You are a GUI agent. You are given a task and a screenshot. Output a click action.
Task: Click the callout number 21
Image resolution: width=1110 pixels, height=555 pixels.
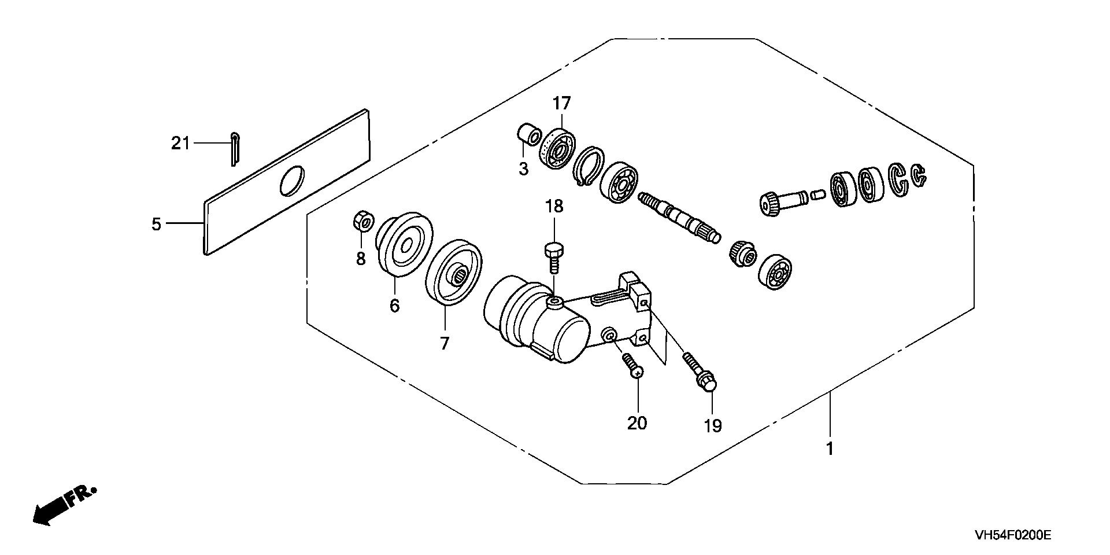[180, 143]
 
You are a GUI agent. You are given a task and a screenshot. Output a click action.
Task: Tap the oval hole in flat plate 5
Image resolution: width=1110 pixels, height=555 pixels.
[291, 181]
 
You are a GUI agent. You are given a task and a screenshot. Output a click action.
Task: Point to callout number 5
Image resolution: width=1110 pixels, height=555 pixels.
[157, 224]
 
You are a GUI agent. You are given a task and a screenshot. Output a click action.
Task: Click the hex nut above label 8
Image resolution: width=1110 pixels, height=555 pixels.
[364, 221]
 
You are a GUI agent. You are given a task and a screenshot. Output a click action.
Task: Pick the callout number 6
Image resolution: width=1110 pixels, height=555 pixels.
[394, 306]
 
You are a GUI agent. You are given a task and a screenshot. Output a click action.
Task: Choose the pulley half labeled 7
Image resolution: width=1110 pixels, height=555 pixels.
[453, 272]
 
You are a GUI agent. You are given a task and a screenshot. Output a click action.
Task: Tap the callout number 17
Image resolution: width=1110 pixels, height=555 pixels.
[561, 104]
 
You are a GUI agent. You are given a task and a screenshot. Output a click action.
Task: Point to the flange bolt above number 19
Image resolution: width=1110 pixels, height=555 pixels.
[700, 372]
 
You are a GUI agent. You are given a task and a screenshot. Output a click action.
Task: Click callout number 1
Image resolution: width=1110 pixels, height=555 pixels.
[830, 449]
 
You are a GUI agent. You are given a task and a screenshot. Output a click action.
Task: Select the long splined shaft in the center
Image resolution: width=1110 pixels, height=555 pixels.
[680, 216]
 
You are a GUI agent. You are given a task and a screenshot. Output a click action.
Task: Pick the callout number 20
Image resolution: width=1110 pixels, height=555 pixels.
[637, 423]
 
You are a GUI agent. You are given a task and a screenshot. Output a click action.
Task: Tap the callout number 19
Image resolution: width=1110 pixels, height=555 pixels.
[713, 426]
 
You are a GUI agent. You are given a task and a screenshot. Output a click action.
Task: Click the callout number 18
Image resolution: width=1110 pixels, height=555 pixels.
[554, 207]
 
